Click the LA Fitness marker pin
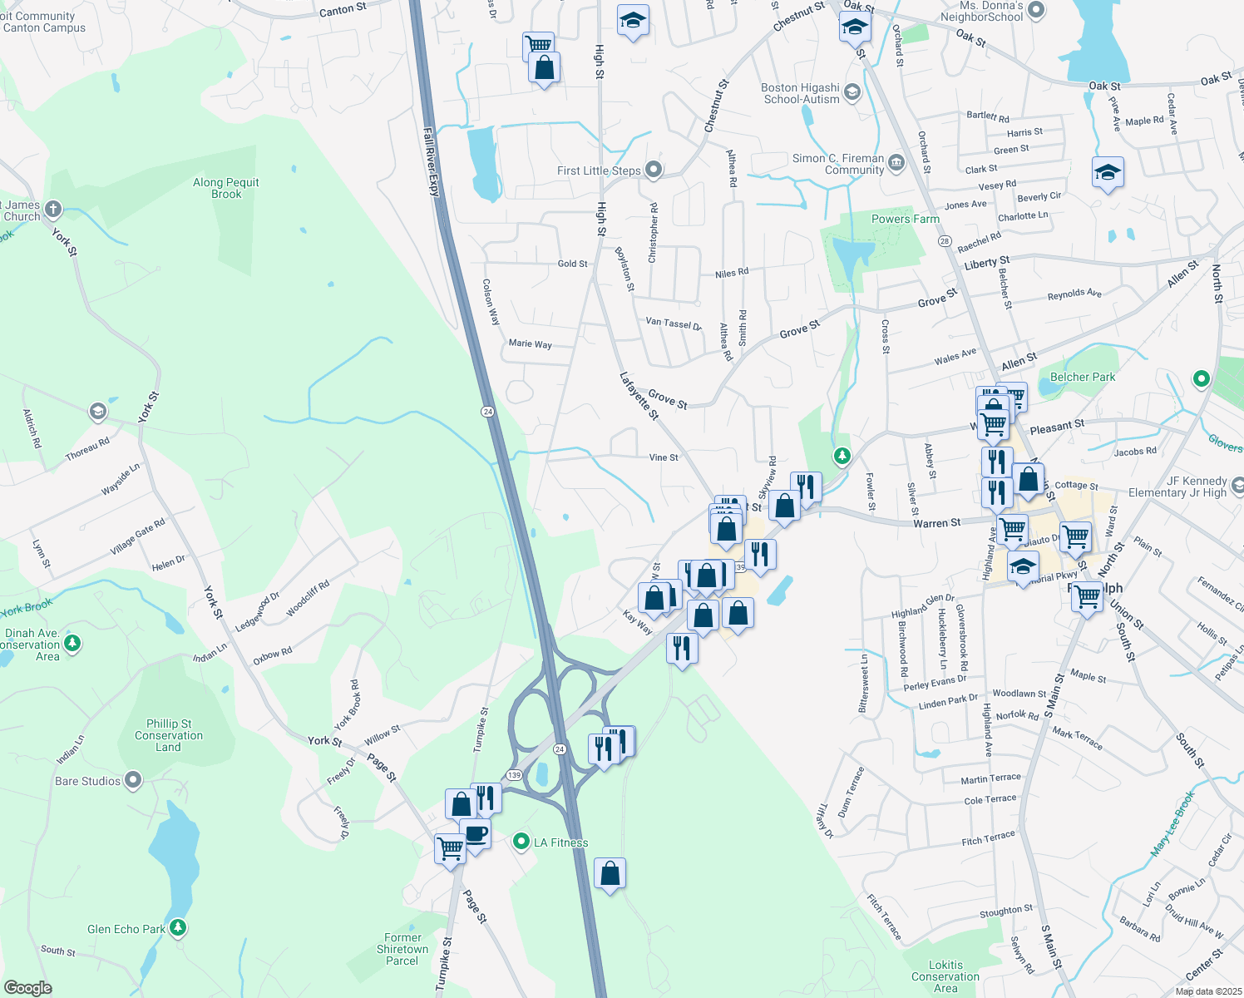coord(521,842)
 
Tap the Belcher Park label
coord(1082,377)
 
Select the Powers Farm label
coord(905,219)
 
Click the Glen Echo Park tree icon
coord(177,927)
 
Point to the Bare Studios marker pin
coord(133,780)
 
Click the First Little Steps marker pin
coord(654,170)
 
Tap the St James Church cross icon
coord(53,209)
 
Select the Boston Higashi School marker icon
coord(852,91)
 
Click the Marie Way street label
coord(530,343)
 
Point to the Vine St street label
coord(663,457)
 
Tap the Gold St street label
coord(572,264)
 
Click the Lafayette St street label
coord(639,395)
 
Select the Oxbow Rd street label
coord(272,656)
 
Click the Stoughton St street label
coord(1005,912)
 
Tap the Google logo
coord(27,987)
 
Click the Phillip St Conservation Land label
coord(169,735)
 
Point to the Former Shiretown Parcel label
coord(402,949)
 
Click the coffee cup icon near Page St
coord(476,833)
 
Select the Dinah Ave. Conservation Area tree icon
coord(72,643)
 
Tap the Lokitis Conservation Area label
coord(945,976)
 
